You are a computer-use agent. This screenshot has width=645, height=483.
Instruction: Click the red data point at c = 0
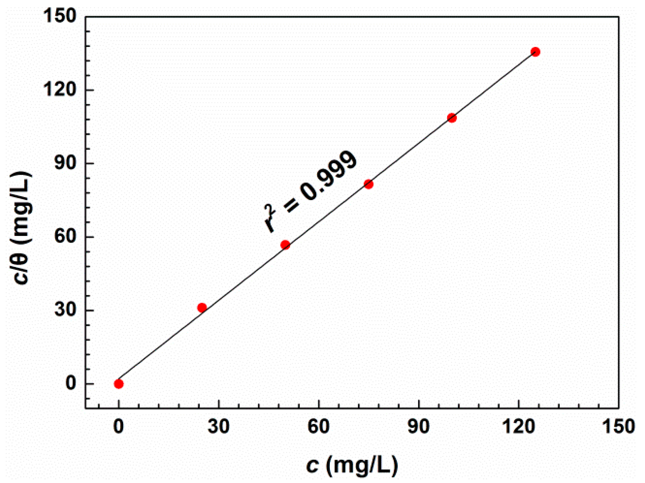tap(119, 384)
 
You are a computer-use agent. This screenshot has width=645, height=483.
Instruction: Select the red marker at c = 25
tap(202, 308)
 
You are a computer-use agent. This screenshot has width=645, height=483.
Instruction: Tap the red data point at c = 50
tap(285, 245)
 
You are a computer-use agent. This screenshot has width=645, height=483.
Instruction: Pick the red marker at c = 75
tap(369, 184)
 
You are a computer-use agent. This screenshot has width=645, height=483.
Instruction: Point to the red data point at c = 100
tap(452, 118)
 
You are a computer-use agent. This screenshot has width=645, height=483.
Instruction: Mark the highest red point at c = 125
tap(535, 52)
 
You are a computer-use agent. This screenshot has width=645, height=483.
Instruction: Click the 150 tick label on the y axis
tap(60, 16)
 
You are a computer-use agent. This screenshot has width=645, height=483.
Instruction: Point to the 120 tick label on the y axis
tap(60, 90)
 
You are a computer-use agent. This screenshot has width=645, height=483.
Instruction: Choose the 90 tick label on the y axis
tap(65, 163)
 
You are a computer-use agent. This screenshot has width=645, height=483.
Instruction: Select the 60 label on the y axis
tap(65, 237)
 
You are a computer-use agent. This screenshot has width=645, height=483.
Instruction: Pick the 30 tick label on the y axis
tap(65, 310)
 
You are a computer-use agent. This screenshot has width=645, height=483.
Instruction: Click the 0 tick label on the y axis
tap(71, 383)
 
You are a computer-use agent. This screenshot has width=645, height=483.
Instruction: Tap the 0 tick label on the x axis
tap(118, 426)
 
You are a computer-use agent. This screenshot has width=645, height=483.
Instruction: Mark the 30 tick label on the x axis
tap(218, 426)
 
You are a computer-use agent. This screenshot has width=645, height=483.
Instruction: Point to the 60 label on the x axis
tap(318, 426)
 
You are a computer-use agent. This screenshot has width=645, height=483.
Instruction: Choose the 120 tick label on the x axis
tap(519, 426)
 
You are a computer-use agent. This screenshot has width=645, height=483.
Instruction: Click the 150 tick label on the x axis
tap(618, 426)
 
